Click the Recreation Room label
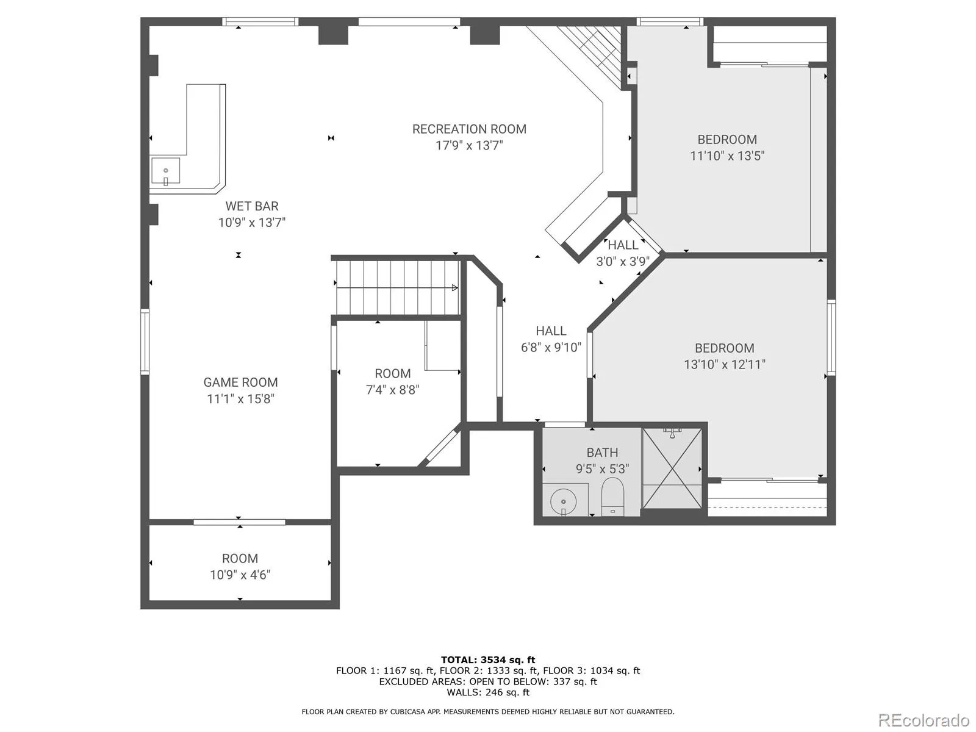469,129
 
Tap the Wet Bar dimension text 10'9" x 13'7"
252,222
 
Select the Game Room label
240,382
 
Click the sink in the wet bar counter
165,171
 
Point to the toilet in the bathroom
612,497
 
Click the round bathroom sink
564,502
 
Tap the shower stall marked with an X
672,468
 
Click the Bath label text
602,453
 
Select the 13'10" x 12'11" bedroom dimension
724,364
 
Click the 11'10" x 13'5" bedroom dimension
727,156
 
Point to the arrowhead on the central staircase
455,287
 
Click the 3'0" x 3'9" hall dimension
623,261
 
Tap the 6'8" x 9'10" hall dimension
551,347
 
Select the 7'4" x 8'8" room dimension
392,390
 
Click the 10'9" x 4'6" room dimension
240,575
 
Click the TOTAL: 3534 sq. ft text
488,659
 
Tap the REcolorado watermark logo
924,720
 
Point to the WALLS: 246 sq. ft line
488,692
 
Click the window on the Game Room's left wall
145,342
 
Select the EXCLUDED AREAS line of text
488,681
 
